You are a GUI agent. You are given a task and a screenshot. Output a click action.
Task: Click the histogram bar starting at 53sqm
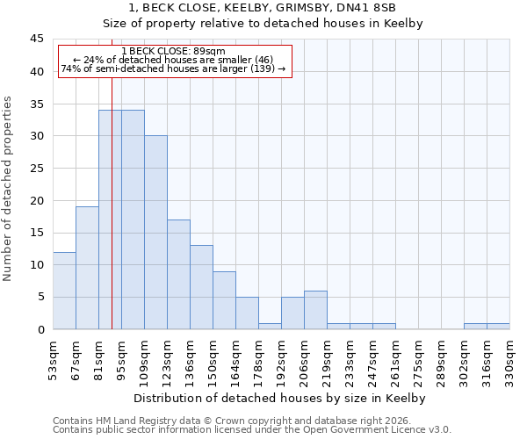64,291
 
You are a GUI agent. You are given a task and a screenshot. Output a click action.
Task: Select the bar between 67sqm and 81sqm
87,268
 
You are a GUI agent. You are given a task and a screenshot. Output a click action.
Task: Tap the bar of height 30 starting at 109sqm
155,233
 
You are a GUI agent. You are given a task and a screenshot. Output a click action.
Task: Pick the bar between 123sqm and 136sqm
178,274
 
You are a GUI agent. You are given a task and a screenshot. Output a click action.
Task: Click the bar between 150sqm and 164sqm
224,300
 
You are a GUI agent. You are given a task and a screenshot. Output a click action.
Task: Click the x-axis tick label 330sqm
509,356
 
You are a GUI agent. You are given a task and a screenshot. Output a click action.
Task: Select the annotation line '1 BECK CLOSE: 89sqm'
173,51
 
